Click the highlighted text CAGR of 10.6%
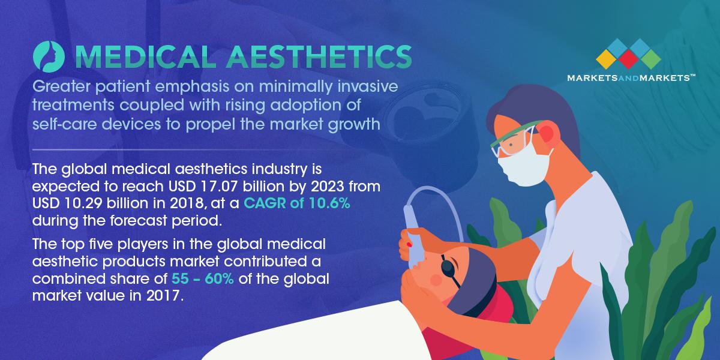[x=297, y=203]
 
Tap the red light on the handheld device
[x=409, y=245]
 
